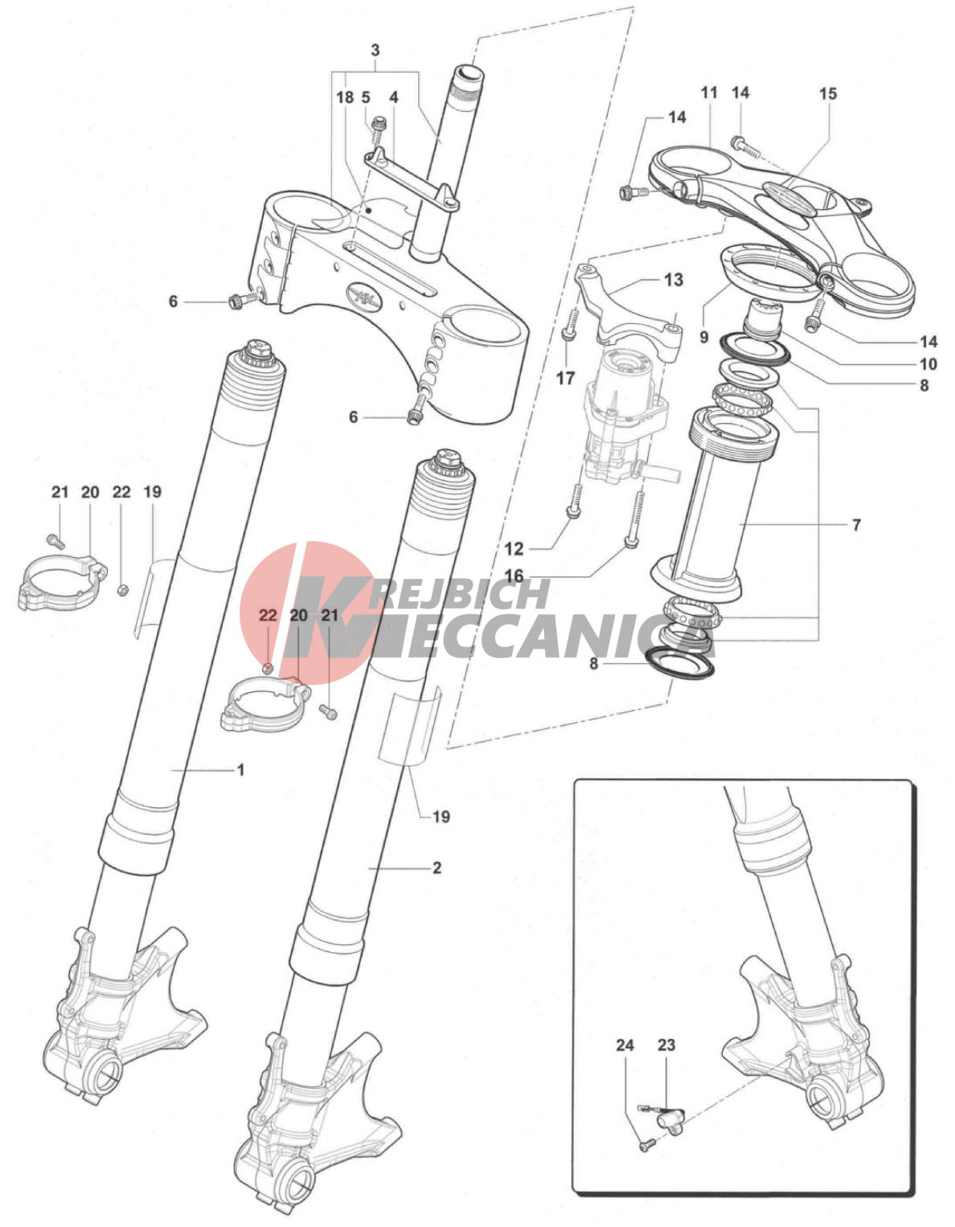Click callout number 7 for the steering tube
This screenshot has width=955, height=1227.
tap(856, 525)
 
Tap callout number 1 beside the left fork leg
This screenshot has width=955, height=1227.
tap(241, 769)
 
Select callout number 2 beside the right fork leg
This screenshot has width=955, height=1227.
tap(437, 868)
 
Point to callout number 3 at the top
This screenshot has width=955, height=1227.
tap(375, 51)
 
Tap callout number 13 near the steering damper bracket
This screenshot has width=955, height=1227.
tap(674, 280)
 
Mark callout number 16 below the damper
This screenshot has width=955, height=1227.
tap(514, 576)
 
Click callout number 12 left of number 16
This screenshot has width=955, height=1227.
tap(514, 548)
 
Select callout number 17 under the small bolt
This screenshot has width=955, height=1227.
tap(566, 378)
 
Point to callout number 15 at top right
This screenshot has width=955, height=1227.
tap(828, 93)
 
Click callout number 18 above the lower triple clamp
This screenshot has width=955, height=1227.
tap(345, 97)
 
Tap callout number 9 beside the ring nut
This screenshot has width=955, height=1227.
tap(703, 337)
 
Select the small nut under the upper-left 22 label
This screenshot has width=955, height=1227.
tap(122, 590)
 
